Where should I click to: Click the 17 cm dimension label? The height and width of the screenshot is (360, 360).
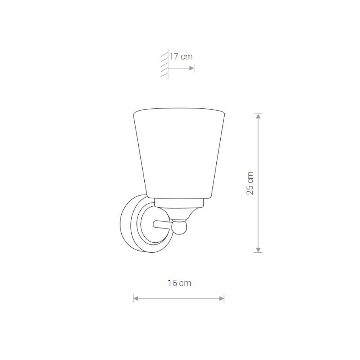[x=181, y=57]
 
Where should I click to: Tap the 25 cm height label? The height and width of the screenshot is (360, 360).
[x=250, y=183]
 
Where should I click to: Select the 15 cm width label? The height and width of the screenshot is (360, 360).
[x=179, y=283]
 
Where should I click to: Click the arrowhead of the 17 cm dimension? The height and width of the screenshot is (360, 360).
[x=192, y=68]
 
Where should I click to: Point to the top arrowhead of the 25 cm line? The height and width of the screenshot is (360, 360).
[x=258, y=116]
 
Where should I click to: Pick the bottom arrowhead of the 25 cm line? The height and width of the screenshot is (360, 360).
[x=258, y=250]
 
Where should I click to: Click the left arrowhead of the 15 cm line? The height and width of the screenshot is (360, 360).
[x=136, y=299]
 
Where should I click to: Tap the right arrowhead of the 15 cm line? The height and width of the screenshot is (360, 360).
[x=221, y=299]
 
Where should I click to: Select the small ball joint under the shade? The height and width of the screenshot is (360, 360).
[x=180, y=227]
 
